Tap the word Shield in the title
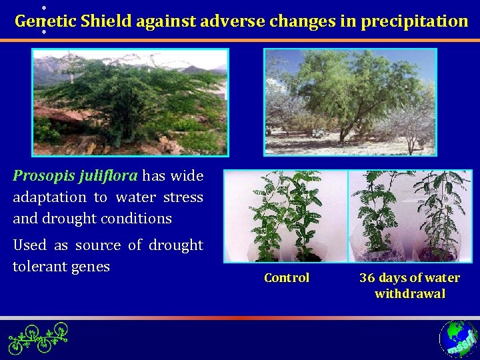(106, 21)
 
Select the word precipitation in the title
(414, 21)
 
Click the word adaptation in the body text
(49, 197)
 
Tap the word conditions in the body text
(140, 219)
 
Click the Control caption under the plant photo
(287, 278)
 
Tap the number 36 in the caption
(367, 278)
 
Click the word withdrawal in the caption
(409, 294)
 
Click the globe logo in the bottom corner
(458, 339)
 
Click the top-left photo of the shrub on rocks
(130, 102)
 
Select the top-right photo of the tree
(351, 102)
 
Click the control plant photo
(285, 216)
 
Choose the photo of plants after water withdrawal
(409, 216)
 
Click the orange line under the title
(240, 40)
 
